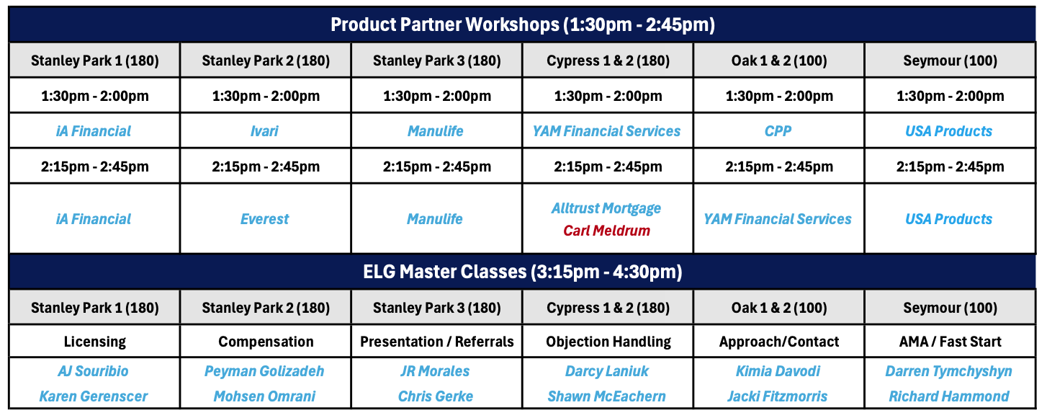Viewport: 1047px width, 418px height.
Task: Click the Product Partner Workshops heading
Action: pos(523,25)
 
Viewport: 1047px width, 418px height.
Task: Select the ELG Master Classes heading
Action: pos(523,272)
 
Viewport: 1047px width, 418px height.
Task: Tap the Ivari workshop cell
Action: pos(264,131)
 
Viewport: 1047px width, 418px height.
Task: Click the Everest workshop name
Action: pos(264,219)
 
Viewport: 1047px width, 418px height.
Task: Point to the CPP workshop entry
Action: pos(778,131)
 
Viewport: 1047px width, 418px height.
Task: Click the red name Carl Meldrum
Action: pos(607,231)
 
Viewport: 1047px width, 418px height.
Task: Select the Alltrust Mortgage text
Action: pos(606,208)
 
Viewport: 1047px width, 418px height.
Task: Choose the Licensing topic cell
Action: pos(95,342)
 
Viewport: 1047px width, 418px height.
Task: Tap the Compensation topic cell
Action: pos(266,342)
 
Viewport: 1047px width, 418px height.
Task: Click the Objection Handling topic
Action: pos(608,342)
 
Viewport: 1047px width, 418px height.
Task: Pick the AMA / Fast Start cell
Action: pos(951,342)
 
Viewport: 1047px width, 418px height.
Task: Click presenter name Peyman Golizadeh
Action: pos(264,371)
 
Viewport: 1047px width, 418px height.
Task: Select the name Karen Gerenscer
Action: pos(94,396)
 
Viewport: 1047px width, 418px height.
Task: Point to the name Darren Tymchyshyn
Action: pos(949,371)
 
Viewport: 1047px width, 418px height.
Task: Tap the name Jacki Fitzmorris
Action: pos(777,396)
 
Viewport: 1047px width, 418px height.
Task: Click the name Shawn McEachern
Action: pos(607,396)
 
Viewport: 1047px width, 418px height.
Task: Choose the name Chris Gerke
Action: pos(436,396)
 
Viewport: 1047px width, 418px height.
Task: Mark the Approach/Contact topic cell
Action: pos(779,342)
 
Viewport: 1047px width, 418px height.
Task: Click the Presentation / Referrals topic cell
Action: pos(437,342)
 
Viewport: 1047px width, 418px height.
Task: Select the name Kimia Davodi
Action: pos(778,371)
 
